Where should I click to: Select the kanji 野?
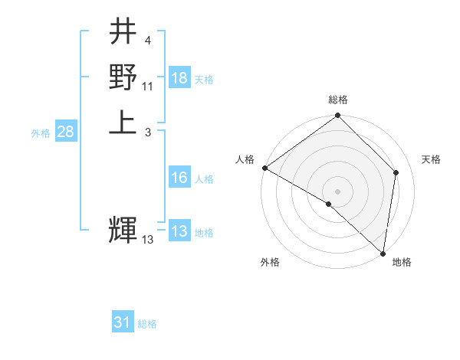(x=123, y=77)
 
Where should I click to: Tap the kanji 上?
(x=123, y=122)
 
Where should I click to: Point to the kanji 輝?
(x=123, y=229)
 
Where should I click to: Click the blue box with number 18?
(x=179, y=78)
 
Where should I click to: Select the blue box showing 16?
(x=179, y=178)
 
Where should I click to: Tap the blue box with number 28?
(x=66, y=132)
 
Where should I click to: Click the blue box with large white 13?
(x=179, y=232)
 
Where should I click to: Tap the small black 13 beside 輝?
(x=148, y=240)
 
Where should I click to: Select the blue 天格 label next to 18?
(x=204, y=79)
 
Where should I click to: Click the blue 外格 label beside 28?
(x=41, y=133)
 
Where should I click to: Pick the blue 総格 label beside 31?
(x=147, y=324)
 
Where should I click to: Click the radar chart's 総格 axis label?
(x=338, y=100)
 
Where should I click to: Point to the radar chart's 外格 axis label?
(x=270, y=263)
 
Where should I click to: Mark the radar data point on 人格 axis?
(x=264, y=168)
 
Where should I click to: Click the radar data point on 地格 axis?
(x=383, y=253)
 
